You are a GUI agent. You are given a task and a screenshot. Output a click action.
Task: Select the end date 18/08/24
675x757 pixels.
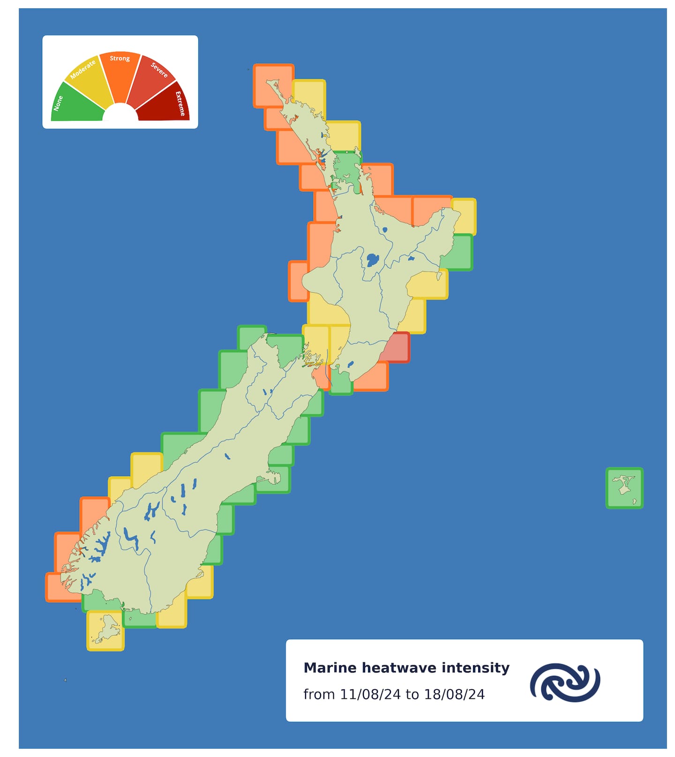pyautogui.click(x=454, y=694)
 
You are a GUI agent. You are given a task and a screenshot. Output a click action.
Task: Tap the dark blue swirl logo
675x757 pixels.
pyautogui.click(x=565, y=682)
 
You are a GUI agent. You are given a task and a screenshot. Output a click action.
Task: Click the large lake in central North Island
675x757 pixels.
pyautogui.click(x=373, y=259)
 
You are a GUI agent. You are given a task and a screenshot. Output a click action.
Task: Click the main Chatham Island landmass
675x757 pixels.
pyautogui.click(x=623, y=485)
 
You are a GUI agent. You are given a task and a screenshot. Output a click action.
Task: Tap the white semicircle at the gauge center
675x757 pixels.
pyautogui.click(x=120, y=114)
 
